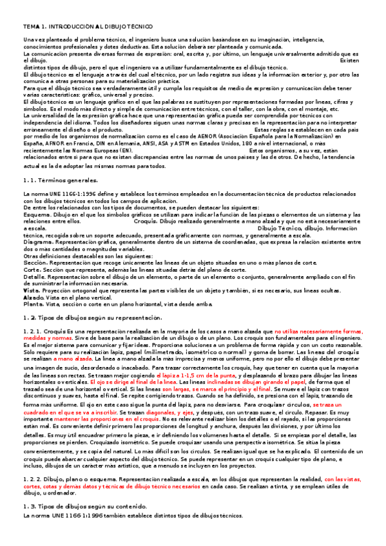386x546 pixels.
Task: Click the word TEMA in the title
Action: pos(30,24)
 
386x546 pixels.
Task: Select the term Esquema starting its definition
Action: pos(34,214)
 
